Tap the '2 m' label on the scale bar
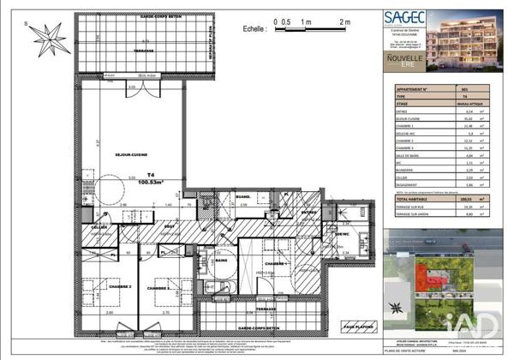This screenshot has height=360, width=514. pos(345,21)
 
